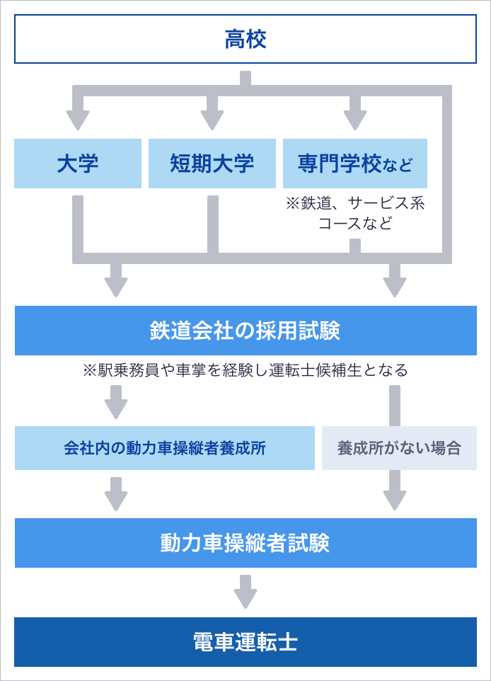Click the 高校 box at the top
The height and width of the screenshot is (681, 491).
(x=245, y=39)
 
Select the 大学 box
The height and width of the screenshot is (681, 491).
(x=78, y=164)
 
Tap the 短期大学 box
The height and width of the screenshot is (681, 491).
(x=212, y=164)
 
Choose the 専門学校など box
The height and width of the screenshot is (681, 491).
(x=355, y=164)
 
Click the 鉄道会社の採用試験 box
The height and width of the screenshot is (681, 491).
(x=245, y=331)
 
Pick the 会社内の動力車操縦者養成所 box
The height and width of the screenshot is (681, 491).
(x=165, y=448)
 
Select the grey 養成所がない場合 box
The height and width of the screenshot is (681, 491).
(x=399, y=448)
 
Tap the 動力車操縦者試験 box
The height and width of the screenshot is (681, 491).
(x=245, y=543)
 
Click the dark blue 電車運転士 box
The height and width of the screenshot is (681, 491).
(x=245, y=642)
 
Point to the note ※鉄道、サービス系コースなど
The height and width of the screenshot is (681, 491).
(x=355, y=213)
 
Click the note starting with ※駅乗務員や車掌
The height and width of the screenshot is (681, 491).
(x=245, y=370)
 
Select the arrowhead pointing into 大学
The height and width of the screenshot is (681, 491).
(x=78, y=120)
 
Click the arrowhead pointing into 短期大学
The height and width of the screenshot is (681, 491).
(x=212, y=120)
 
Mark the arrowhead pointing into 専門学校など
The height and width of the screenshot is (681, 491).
(x=355, y=120)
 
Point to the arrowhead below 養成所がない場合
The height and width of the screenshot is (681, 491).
(x=395, y=499)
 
